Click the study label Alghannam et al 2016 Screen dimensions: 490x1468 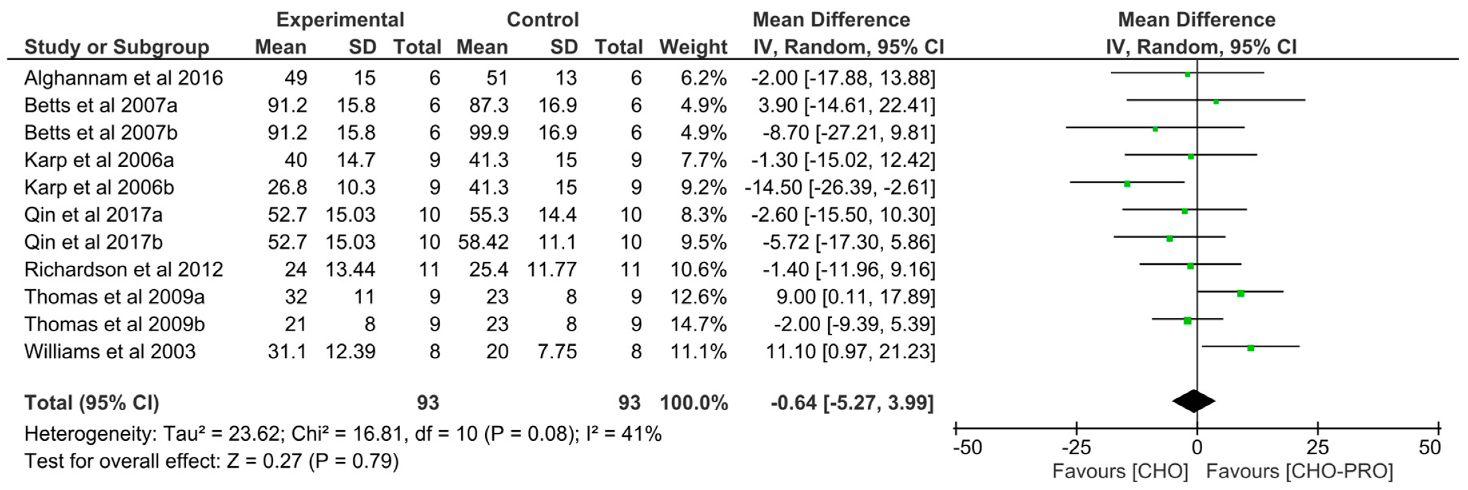click(124, 78)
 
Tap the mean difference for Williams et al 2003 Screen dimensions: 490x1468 click(850, 352)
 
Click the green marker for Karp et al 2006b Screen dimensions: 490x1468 click(1127, 184)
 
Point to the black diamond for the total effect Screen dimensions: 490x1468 click(1194, 401)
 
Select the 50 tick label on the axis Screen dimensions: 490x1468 click(1429, 447)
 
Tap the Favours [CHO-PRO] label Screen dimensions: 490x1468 click(1299, 471)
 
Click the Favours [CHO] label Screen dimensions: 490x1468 click(1120, 471)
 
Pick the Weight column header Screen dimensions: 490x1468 click(693, 47)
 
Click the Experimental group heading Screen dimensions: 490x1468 click(340, 19)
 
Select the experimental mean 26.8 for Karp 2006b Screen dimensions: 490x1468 click(287, 187)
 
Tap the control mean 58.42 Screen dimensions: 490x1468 click(483, 242)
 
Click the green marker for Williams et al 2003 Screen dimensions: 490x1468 click(1251, 348)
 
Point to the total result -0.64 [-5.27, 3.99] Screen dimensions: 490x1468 click(852, 403)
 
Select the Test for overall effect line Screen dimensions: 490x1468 click(211, 461)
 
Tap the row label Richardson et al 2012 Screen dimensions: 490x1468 click(124, 270)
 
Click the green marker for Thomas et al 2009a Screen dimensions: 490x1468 click(1240, 293)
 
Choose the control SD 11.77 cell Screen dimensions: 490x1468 click(552, 270)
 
